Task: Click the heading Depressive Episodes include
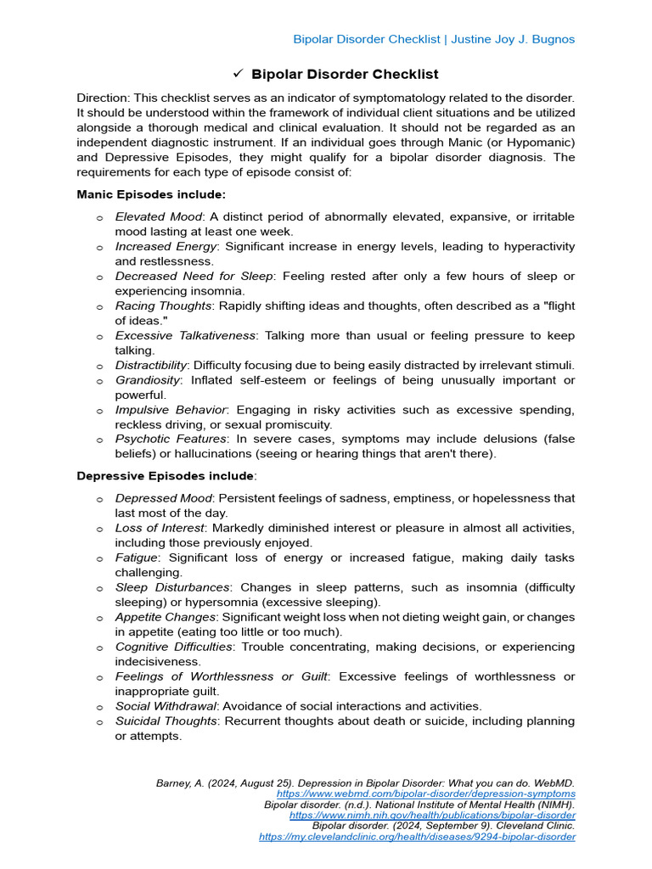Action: [165, 475]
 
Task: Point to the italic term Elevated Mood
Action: [158, 217]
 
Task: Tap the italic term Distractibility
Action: [150, 365]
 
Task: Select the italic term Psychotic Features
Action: [171, 440]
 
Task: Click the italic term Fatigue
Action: [136, 558]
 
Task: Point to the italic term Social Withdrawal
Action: [166, 706]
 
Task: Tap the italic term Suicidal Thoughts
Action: [166, 721]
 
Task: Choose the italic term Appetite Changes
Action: [166, 617]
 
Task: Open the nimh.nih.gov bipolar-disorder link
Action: [432, 815]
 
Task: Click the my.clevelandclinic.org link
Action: [417, 837]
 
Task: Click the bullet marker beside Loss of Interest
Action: [99, 529]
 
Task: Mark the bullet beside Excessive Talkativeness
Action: [99, 336]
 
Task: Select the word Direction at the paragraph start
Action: [103, 98]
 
